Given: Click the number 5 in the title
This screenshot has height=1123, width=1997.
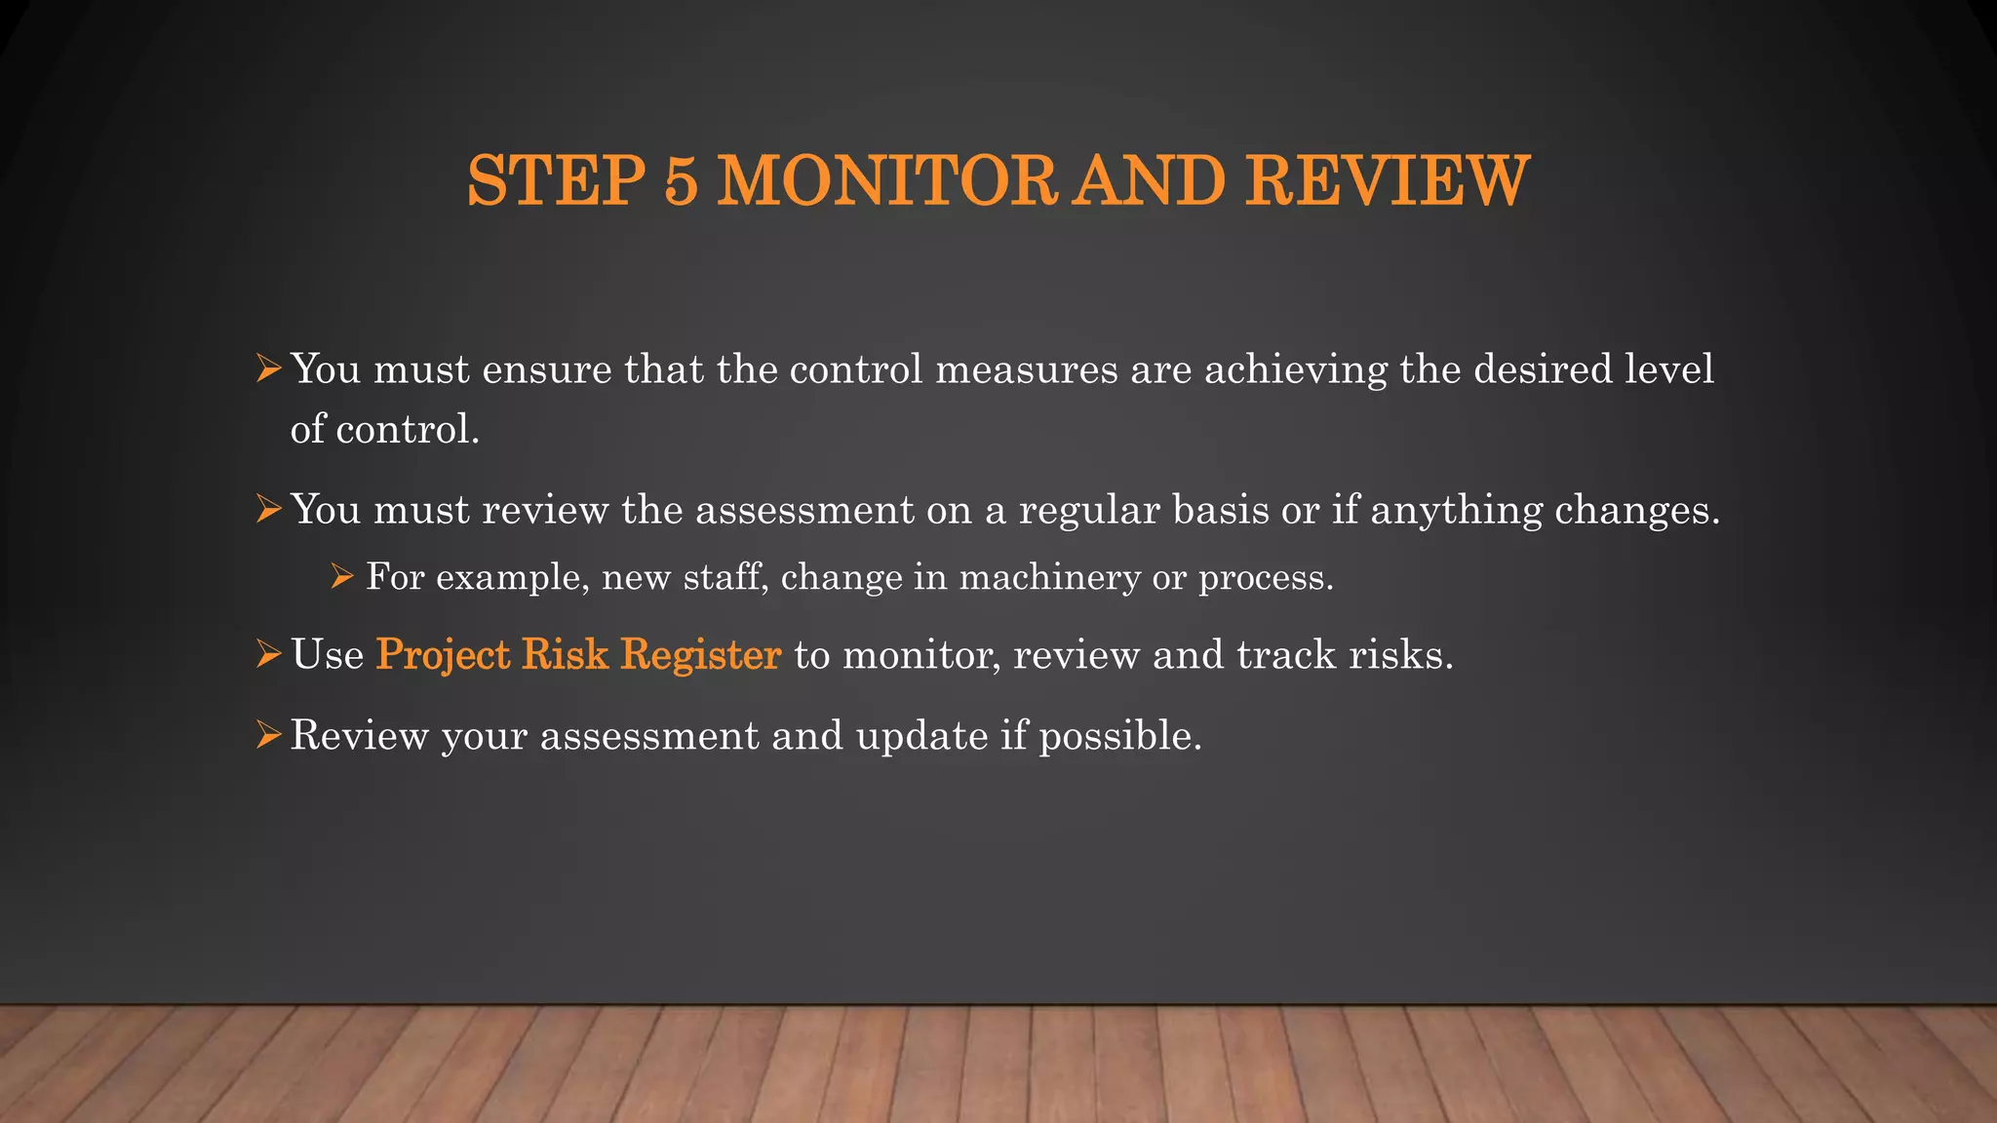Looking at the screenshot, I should (x=682, y=181).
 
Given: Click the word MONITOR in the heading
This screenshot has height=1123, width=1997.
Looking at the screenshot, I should (x=886, y=181).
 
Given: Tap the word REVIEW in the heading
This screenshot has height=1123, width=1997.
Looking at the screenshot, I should (x=1387, y=181).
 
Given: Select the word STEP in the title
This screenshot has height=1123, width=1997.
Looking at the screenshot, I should (x=556, y=181).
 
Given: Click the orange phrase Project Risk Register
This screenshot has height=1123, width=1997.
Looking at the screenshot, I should (x=578, y=654).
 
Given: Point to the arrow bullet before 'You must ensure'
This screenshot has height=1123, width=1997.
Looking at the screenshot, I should (x=268, y=368).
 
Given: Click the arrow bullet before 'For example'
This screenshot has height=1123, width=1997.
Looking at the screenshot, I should (x=341, y=577).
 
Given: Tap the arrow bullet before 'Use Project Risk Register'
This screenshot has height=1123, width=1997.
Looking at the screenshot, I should (x=268, y=654).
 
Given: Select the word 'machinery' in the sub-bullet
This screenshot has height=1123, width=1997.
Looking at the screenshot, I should (x=1049, y=578).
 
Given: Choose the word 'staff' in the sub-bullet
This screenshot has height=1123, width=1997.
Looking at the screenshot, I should (x=721, y=577).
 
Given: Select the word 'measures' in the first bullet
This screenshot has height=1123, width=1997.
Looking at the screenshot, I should (x=1026, y=368).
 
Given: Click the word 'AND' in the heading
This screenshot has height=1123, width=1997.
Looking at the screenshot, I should (x=1148, y=181).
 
